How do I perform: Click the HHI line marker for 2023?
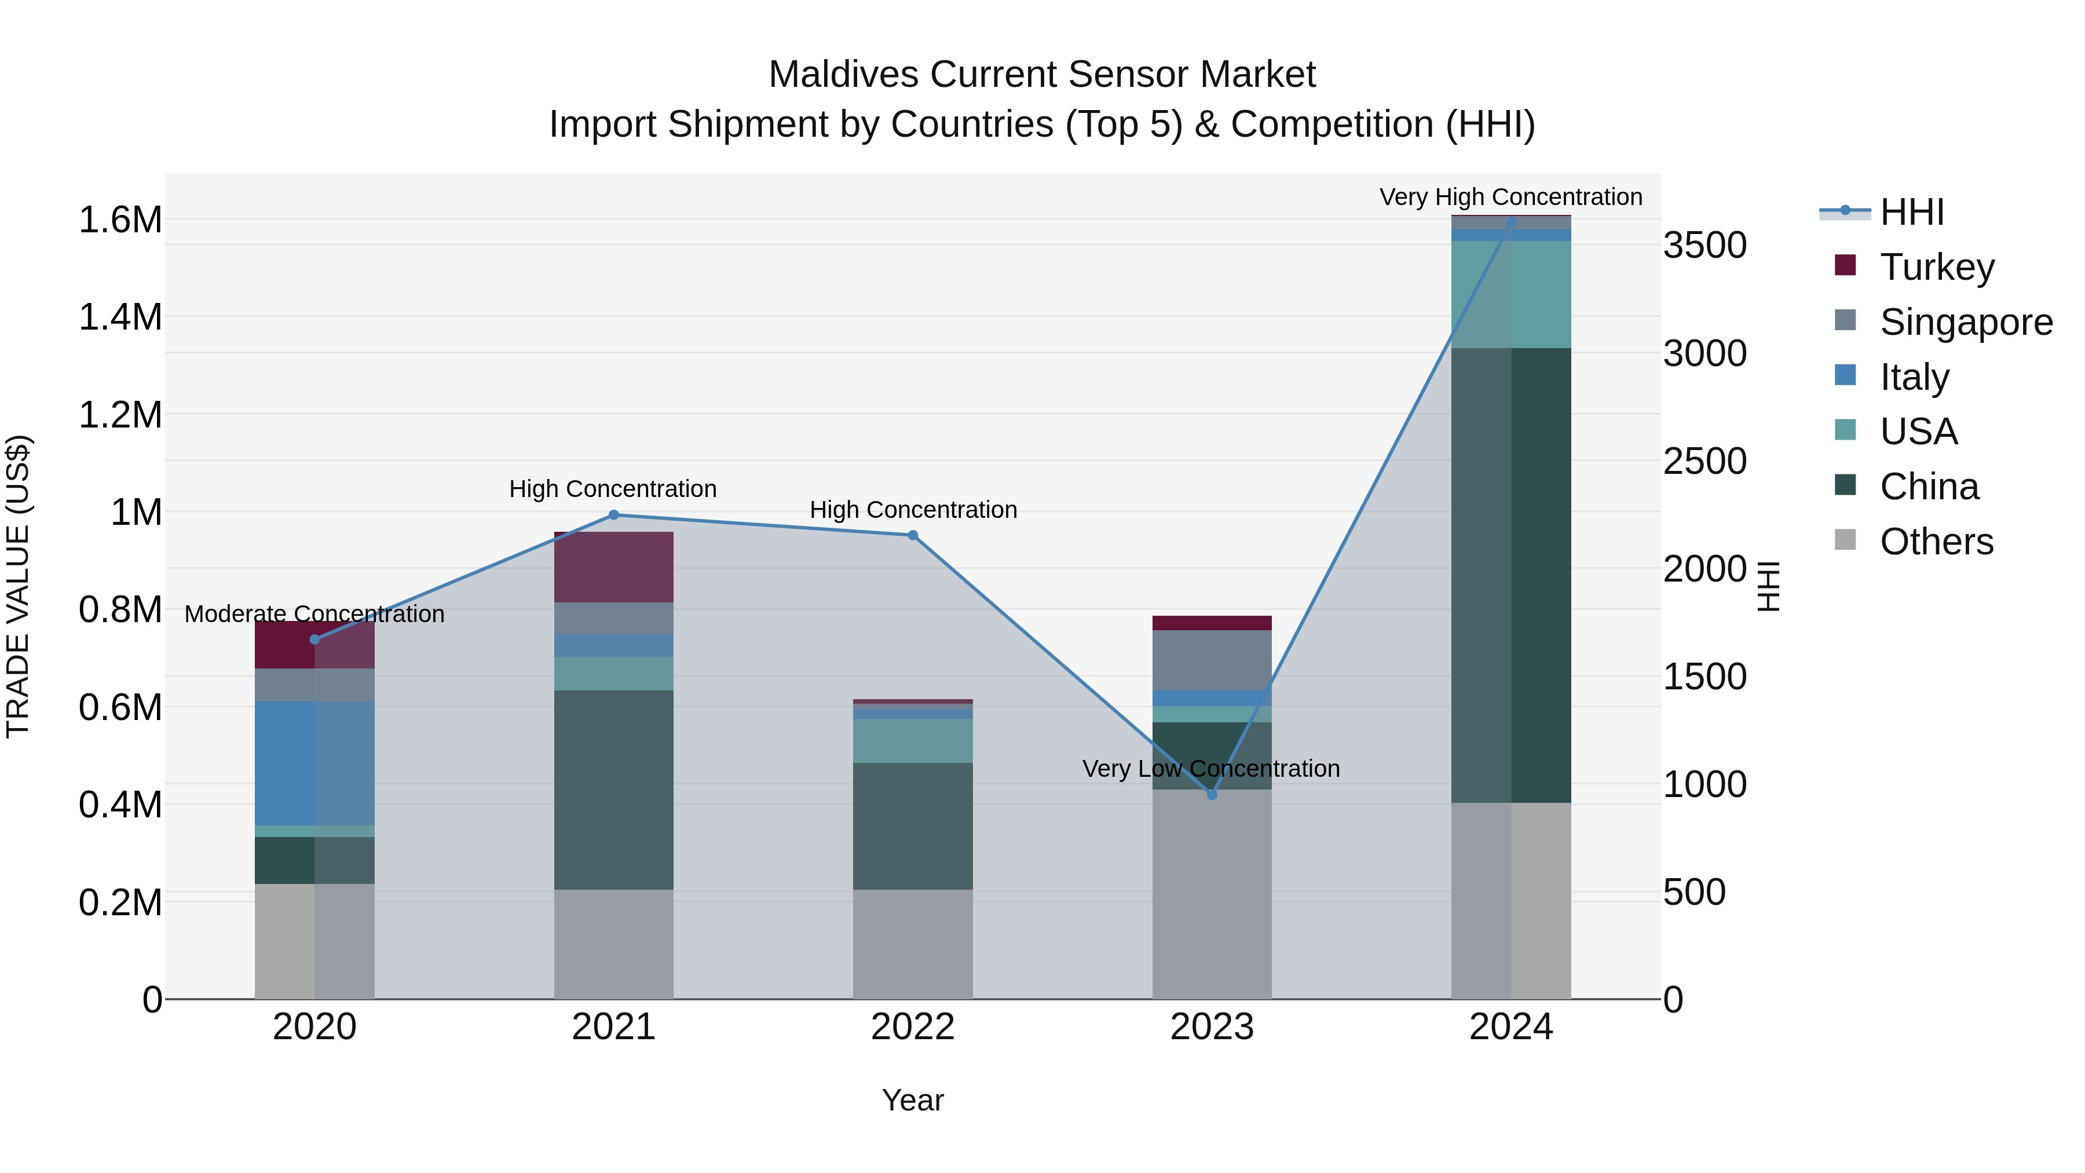(x=1212, y=795)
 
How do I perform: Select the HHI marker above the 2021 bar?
(x=613, y=515)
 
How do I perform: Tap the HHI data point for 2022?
(x=913, y=535)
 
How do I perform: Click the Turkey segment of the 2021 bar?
(x=613, y=567)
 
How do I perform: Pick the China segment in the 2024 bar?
(x=1511, y=575)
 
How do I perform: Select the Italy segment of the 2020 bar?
(x=315, y=763)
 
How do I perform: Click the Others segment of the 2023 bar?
(x=1212, y=894)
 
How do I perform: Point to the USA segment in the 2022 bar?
(x=913, y=741)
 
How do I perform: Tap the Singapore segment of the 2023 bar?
(x=1212, y=660)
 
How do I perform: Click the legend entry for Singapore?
(x=1965, y=322)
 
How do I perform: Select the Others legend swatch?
(x=1845, y=540)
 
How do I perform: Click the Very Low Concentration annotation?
(x=1211, y=768)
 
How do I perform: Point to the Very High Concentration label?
(x=1510, y=197)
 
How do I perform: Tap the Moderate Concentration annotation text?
(x=315, y=613)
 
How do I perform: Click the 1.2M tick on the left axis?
(x=120, y=415)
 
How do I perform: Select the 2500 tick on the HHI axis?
(x=1704, y=462)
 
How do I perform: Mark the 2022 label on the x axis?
(x=913, y=1027)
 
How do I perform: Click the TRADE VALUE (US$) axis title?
(x=18, y=586)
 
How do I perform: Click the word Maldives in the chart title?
(x=844, y=75)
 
